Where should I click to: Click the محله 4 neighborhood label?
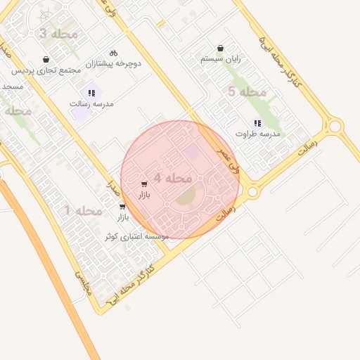tap(173, 179)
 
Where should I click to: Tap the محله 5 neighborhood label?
tap(247, 92)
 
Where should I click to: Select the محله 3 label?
tap(53, 34)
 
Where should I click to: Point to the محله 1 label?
tap(84, 211)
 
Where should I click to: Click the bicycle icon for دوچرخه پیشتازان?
tap(114, 53)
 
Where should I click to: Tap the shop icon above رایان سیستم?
tap(221, 49)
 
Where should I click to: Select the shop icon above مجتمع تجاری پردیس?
tap(46, 59)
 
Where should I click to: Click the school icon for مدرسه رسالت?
tap(91, 92)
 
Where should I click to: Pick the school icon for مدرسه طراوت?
tap(257, 122)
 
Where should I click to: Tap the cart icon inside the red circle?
tap(144, 184)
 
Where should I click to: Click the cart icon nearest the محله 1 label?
tap(123, 207)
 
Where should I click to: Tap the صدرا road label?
tap(110, 187)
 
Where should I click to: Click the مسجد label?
tap(13, 86)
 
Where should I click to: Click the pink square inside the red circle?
tap(191, 152)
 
